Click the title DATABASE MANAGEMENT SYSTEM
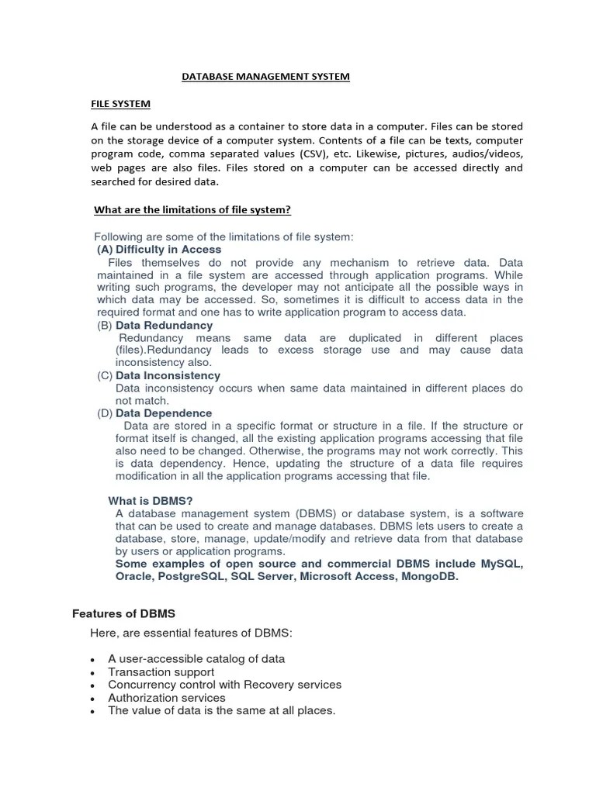tap(265, 77)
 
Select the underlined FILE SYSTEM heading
tap(120, 104)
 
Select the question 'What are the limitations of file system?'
tap(192, 210)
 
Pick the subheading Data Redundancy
tap(164, 326)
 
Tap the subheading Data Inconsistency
tap(168, 375)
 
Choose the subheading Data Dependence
tap(163, 413)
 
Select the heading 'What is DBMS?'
tap(150, 501)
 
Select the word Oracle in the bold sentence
tap(133, 576)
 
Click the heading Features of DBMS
tap(123, 613)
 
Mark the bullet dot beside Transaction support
tap(93, 673)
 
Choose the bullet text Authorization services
tap(167, 698)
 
